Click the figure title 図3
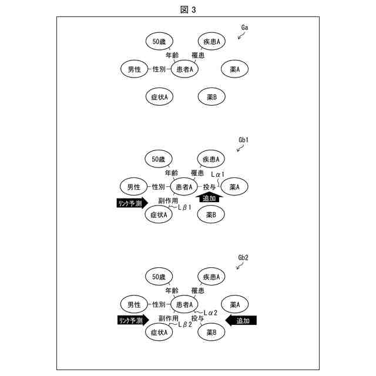188,9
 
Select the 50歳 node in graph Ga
159,41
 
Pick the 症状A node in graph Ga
159,97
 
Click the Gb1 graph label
244,140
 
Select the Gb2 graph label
244,258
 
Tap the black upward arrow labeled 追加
210,199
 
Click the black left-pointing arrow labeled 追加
242,321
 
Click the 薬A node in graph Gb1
238,187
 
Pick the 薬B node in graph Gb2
211,333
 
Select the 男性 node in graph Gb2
133,304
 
